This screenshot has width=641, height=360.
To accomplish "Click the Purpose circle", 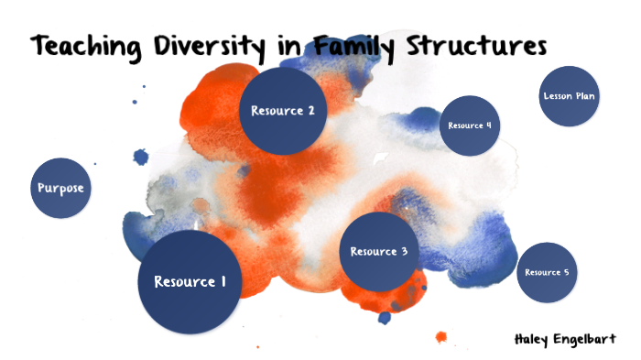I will (61, 189).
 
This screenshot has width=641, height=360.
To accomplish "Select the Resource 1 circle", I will (190, 281).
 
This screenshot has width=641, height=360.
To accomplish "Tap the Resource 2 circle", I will (283, 111).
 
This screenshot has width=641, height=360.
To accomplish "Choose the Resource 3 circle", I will (378, 251).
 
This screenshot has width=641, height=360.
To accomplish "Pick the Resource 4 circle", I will (470, 125).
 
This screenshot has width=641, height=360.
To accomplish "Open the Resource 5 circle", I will (547, 272).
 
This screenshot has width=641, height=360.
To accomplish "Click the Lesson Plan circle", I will (570, 96).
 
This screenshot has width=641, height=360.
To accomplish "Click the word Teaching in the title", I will (88, 46).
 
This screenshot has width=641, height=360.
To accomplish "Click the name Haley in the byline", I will (535, 338).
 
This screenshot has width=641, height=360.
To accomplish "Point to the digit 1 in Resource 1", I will (223, 281).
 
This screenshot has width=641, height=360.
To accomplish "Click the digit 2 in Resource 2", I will (311, 111).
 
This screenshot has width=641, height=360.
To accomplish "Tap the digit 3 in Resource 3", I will (404, 251).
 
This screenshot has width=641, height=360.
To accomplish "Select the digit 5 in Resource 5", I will (567, 272).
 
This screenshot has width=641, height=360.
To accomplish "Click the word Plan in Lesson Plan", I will (586, 96).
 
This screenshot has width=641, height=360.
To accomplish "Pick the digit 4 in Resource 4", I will (489, 125).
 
